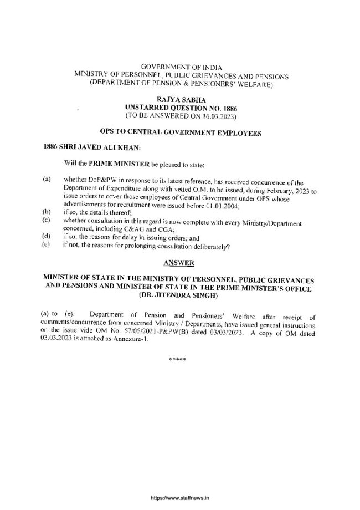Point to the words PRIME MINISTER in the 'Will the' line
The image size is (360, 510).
coord(108,165)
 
